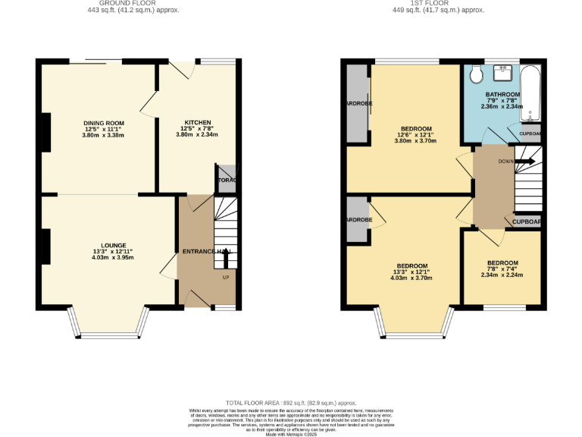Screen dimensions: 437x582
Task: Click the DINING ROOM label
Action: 103,122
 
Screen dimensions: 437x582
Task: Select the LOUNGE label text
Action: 102,244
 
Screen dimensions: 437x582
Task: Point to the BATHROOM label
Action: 502,94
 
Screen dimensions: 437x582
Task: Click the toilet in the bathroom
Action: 474,75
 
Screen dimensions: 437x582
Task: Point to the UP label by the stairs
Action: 225,277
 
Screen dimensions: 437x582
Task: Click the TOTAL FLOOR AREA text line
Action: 291,403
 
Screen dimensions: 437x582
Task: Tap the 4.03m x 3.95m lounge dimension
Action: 102,257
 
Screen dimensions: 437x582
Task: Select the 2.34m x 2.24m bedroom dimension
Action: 502,275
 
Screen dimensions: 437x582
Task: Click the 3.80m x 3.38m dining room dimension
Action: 103,135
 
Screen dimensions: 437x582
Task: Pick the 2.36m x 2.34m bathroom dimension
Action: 502,107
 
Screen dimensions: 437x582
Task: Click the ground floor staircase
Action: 225,231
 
